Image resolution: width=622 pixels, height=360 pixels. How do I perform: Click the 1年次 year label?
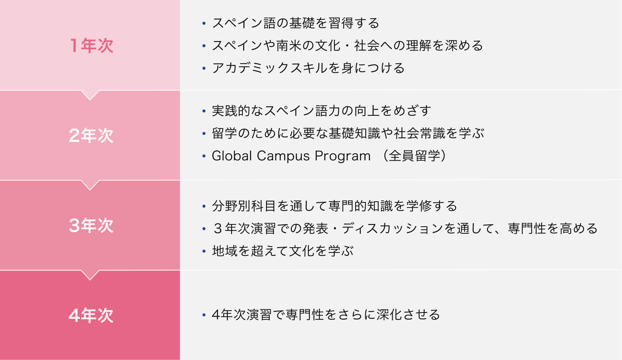click(x=91, y=46)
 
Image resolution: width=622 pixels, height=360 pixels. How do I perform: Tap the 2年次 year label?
click(x=91, y=136)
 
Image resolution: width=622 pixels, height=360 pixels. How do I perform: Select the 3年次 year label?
click(x=91, y=226)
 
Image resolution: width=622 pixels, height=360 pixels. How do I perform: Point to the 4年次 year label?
click(x=91, y=315)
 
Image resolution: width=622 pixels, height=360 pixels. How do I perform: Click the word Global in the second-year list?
click(x=232, y=156)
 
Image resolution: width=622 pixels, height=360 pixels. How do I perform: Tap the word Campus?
click(x=283, y=156)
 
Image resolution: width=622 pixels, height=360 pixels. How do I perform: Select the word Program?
click(x=342, y=156)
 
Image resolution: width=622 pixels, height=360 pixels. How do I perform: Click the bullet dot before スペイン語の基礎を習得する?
click(x=204, y=23)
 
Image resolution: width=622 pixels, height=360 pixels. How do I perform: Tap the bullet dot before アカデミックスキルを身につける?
click(x=204, y=68)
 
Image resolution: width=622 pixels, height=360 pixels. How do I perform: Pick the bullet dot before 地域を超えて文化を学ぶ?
click(x=204, y=251)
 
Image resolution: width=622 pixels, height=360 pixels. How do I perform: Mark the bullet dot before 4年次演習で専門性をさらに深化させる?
click(x=204, y=315)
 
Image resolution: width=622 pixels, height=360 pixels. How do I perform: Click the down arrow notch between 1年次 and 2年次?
click(x=90, y=95)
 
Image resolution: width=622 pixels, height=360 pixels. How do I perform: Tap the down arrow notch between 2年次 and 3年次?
click(x=90, y=185)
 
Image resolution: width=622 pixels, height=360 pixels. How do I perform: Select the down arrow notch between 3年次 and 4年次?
click(x=90, y=275)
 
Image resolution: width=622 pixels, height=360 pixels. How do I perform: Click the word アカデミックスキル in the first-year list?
click(x=269, y=68)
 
